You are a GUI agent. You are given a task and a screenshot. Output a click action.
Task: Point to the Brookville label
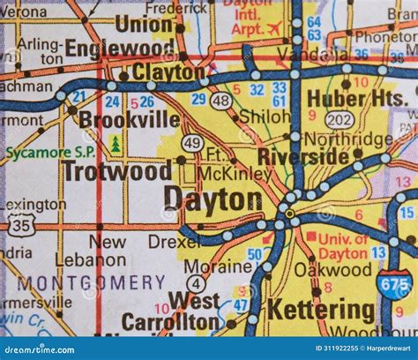coord(130,119)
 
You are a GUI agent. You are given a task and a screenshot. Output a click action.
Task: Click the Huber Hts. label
coord(364,100)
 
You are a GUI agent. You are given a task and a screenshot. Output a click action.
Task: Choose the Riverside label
coord(302,156)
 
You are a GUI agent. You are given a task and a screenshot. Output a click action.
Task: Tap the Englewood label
coord(120,48)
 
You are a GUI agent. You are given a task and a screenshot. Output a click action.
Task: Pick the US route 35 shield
coord(23,227)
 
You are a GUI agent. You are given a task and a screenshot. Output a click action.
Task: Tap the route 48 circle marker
coord(221,101)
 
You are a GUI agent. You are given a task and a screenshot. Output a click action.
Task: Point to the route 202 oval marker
coord(340,120)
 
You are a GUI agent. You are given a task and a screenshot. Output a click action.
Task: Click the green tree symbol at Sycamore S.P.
coord(116,143)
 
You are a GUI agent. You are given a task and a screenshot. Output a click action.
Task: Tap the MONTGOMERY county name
coord(91,282)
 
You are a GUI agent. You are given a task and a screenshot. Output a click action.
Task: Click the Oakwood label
coord(320,270)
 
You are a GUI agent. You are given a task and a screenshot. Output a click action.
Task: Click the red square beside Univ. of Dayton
coord(310,236)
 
